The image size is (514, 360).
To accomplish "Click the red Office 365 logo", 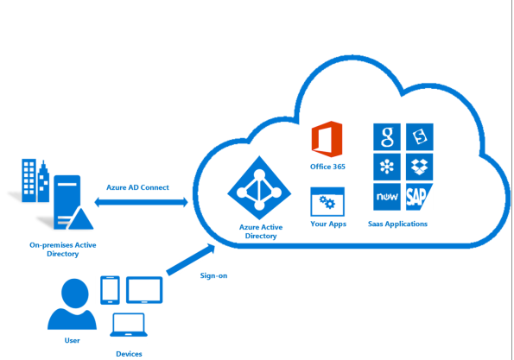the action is (327, 139).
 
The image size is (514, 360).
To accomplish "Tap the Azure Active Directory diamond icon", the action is (259, 187).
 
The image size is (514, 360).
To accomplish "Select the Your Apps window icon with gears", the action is (327, 202).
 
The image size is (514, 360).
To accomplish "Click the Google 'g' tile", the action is (387, 137).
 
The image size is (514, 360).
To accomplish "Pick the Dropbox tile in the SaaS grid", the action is (419, 167).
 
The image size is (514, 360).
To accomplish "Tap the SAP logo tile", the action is (419, 197).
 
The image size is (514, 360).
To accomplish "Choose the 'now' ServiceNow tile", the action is (387, 197).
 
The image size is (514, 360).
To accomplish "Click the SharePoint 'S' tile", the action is (419, 137).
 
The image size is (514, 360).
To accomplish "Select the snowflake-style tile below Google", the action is (387, 167).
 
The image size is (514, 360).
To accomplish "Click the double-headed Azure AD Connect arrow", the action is (142, 202).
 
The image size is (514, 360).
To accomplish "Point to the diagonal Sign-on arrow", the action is (191, 260).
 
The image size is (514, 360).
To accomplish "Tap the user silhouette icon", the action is (72, 304).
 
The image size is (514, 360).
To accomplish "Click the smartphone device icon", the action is (110, 290).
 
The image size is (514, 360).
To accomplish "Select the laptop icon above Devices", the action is (129, 325).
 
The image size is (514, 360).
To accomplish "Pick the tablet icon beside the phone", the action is (144, 290).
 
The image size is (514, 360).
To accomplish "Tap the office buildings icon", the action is (35, 180).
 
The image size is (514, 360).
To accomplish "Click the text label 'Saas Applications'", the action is (397, 224).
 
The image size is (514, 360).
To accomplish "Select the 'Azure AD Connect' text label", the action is (137, 187).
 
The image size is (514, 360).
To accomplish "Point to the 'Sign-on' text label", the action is (213, 275).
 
